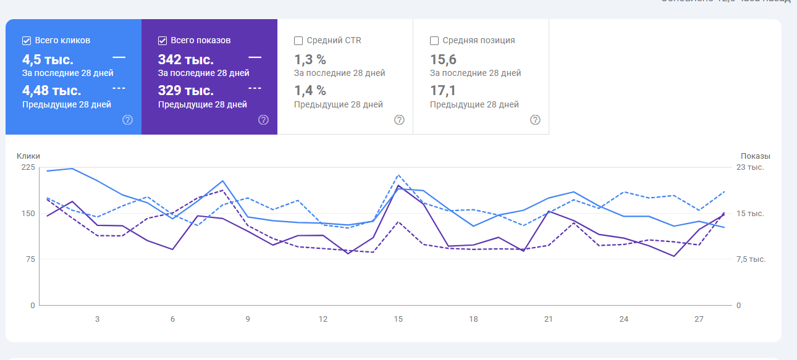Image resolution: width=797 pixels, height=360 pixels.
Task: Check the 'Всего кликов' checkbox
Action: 27,41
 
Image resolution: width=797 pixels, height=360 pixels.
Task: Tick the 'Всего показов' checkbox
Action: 162,41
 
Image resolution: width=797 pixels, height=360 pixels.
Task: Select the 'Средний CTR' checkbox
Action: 298,41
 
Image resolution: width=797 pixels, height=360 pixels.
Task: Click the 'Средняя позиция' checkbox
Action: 434,41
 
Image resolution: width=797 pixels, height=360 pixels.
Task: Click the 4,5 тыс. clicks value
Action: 48,60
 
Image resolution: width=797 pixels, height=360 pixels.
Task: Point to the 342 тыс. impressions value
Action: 186,60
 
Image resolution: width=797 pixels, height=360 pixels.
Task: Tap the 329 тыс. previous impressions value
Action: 186,91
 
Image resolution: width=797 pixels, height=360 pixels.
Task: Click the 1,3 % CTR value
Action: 310,60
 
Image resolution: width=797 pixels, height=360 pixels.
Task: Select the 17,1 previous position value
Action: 443,91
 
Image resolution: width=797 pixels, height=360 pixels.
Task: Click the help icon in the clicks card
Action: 128,120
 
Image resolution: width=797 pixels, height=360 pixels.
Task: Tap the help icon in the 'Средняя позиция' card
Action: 536,120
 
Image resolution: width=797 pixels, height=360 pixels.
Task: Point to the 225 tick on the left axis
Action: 28,167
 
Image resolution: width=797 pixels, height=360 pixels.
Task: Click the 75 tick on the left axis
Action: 30,259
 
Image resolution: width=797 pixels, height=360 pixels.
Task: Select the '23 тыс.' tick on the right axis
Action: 752,167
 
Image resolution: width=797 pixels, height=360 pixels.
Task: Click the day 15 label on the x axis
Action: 399,319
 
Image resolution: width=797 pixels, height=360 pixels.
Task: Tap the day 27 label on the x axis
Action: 699,319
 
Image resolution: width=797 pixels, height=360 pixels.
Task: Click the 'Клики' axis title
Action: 28,156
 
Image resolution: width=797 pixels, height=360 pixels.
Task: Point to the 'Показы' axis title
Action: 756,156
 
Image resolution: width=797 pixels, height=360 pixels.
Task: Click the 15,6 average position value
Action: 443,60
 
